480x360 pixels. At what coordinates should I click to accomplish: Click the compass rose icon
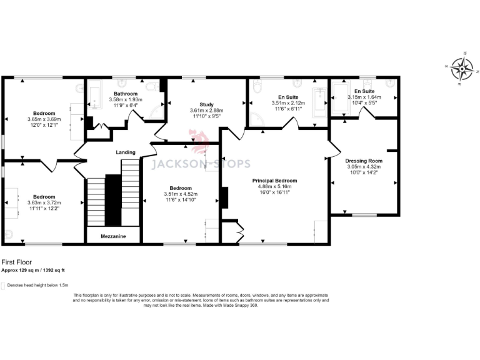(x=461, y=69)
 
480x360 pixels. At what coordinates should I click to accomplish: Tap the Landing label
(x=126, y=152)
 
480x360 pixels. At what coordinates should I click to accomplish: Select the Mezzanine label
(x=113, y=236)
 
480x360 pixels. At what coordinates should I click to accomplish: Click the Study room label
(x=206, y=104)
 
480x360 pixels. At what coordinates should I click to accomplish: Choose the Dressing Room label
(x=364, y=161)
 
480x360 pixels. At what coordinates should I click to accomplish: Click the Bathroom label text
(x=126, y=93)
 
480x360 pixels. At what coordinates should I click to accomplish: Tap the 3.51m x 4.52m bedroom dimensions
(x=180, y=194)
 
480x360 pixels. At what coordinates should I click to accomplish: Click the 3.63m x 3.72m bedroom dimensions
(x=44, y=202)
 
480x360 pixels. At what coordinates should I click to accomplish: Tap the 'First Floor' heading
(x=16, y=262)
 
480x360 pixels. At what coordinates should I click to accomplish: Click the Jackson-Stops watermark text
(x=202, y=164)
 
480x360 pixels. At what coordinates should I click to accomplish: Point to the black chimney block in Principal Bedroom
(x=224, y=198)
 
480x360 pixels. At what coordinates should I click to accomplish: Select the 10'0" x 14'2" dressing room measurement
(x=364, y=172)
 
